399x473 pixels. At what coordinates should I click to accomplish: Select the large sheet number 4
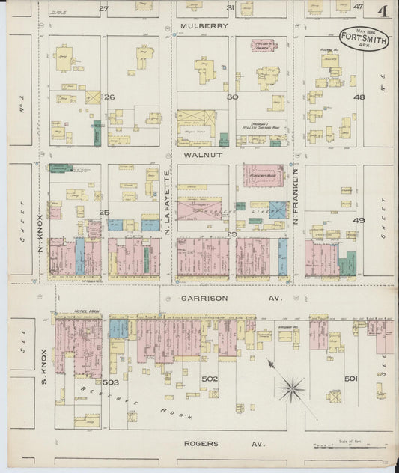382,11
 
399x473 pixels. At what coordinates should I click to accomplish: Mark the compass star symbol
291,387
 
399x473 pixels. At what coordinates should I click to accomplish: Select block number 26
109,97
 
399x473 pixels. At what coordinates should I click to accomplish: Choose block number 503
111,382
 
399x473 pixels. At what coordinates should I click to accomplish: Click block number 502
210,379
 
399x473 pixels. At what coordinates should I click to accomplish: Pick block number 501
350,379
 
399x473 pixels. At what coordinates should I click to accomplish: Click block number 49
359,220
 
